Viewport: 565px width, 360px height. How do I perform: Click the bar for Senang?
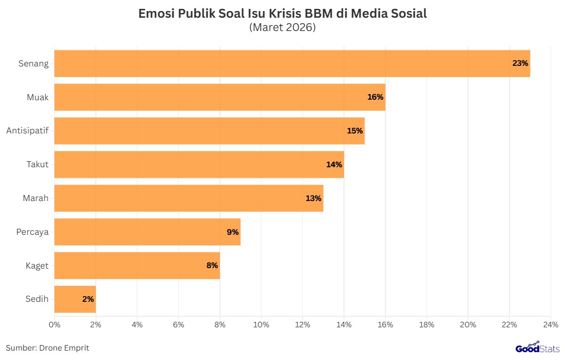click(x=292, y=63)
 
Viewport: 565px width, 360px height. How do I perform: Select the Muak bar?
click(x=219, y=97)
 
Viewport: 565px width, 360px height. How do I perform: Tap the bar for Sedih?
click(x=75, y=299)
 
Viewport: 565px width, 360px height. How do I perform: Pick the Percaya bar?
click(x=147, y=232)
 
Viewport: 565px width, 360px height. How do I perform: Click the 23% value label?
click(x=520, y=63)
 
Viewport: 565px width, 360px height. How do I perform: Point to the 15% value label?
click(x=355, y=131)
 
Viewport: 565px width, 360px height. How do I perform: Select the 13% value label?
click(x=314, y=198)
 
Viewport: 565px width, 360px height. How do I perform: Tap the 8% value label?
click(x=212, y=265)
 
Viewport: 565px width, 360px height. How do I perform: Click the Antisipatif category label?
click(x=27, y=131)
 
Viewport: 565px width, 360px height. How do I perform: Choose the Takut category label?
click(x=38, y=164)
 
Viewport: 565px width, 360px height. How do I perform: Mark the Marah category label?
click(x=35, y=198)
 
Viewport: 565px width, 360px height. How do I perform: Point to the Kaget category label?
click(x=37, y=265)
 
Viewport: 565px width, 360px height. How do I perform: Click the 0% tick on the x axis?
click(x=54, y=324)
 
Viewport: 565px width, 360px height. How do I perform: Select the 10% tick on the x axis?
click(x=261, y=324)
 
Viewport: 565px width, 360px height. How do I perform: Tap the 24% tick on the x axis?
click(x=551, y=324)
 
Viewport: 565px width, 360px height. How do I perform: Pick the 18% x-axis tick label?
click(x=427, y=324)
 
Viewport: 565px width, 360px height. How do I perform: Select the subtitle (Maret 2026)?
click(x=282, y=27)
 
